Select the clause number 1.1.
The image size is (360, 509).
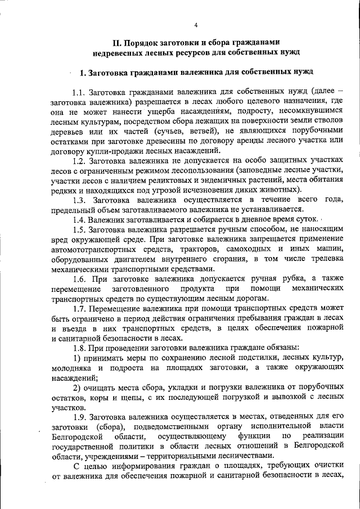click(x=79, y=92)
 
